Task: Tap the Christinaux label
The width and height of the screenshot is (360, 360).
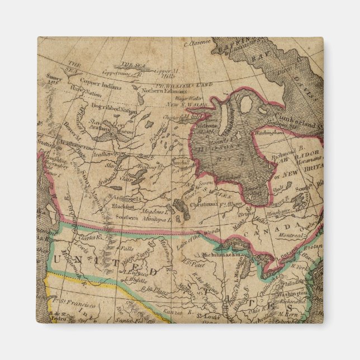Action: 206,205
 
